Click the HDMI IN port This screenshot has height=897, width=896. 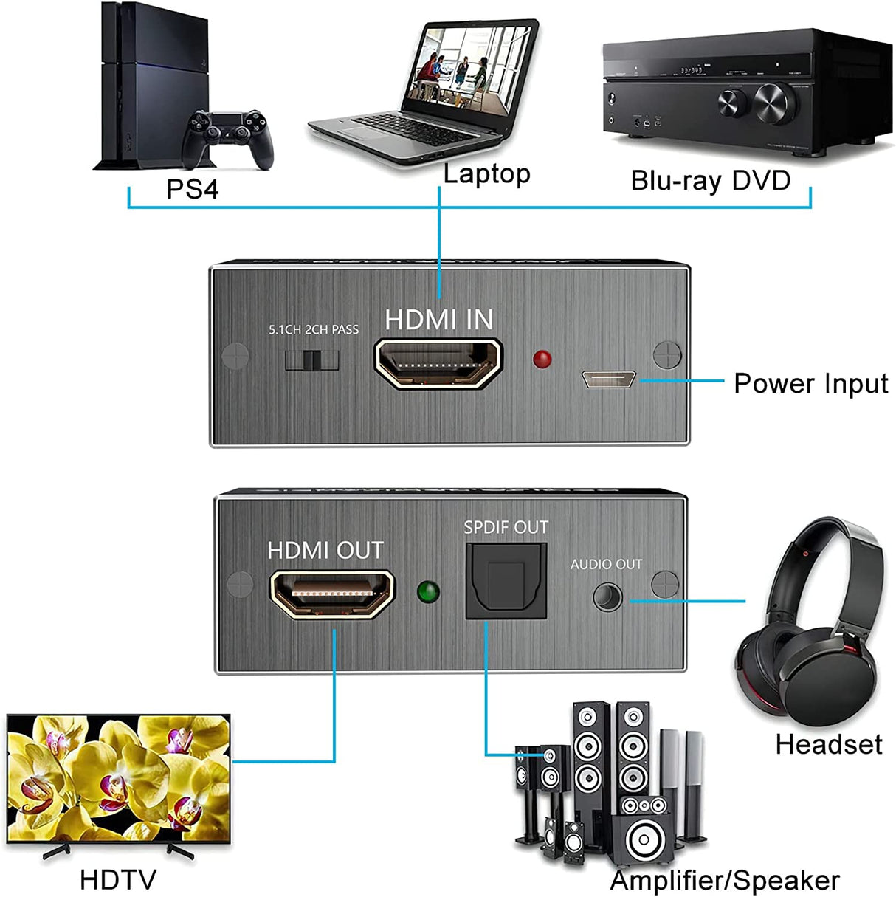click(438, 362)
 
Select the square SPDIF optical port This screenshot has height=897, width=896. click(506, 581)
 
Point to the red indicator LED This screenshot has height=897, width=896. click(542, 360)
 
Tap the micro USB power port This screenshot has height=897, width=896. click(608, 379)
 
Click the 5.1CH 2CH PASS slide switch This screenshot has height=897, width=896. click(311, 360)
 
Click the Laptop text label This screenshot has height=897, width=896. click(486, 174)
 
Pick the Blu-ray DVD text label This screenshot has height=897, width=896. click(710, 180)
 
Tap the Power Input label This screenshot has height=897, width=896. click(810, 383)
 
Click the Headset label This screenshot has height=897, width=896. click(828, 744)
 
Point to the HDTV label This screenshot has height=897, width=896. click(118, 879)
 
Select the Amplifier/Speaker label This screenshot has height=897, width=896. click(724, 880)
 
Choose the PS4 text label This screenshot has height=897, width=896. click(192, 189)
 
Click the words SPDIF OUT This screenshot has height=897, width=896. click(506, 527)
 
